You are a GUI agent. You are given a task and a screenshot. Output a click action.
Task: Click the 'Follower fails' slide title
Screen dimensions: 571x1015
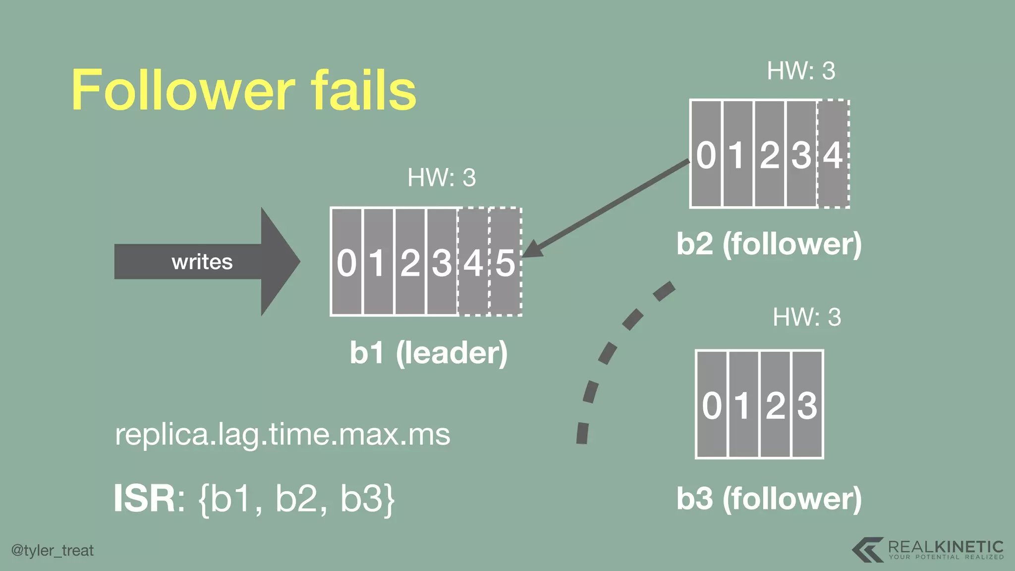(244, 90)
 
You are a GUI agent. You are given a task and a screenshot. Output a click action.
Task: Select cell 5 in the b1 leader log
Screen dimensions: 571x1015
(506, 262)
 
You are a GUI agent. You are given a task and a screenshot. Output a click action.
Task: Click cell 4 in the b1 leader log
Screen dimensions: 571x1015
(473, 262)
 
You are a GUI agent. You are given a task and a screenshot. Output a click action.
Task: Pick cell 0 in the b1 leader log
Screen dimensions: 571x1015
(346, 262)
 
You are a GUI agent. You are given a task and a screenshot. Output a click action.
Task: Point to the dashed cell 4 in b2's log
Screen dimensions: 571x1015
(833, 154)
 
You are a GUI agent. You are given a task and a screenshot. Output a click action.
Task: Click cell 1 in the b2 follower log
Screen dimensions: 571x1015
(737, 154)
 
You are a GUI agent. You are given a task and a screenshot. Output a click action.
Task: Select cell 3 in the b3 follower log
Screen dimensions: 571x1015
(807, 404)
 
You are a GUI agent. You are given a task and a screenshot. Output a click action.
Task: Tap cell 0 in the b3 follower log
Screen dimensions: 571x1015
(712, 404)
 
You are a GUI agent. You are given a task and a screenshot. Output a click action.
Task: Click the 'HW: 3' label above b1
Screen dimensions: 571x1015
(441, 177)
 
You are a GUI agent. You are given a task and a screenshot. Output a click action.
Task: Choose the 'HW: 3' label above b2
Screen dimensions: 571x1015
(801, 71)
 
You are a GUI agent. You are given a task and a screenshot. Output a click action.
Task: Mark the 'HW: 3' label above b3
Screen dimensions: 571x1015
(807, 317)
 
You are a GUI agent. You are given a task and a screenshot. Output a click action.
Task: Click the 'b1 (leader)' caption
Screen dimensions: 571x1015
(429, 353)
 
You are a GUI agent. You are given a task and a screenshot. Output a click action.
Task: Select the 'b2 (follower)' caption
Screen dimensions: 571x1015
(769, 244)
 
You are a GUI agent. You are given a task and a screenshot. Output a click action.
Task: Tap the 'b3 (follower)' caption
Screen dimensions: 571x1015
(769, 499)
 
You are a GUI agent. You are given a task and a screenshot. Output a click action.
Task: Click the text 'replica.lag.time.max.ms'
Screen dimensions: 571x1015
(282, 434)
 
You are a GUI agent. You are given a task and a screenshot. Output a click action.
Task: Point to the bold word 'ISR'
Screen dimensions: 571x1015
(144, 499)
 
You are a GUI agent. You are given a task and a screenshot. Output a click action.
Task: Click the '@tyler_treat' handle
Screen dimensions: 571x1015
(53, 550)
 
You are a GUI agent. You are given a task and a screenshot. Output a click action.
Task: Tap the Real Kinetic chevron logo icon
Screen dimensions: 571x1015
(867, 549)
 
